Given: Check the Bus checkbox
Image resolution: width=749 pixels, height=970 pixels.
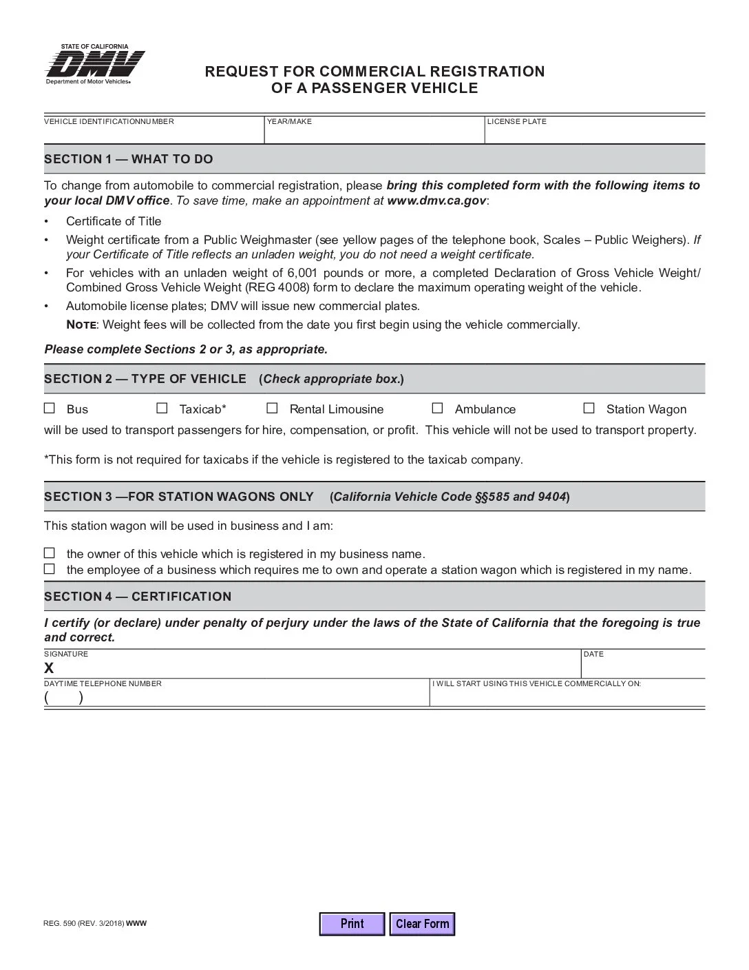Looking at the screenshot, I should [x=50, y=409].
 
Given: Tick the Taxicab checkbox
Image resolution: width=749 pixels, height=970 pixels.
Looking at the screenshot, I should [x=162, y=409].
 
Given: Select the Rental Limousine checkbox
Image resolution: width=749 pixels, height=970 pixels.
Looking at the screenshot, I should [x=273, y=409].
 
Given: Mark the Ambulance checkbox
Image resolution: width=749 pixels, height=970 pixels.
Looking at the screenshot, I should [x=438, y=409].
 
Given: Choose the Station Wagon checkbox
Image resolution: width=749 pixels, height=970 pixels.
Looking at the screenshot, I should [x=589, y=409].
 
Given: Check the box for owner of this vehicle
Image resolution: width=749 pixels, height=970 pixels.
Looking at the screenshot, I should [x=50, y=553].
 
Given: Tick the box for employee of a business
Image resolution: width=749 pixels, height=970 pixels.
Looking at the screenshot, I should [x=50, y=569].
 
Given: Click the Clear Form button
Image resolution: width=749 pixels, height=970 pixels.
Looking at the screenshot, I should [x=422, y=924].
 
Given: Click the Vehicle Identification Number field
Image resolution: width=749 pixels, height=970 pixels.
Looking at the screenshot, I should [x=154, y=133].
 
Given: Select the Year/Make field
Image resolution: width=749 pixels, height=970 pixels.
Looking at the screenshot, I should [x=374, y=133].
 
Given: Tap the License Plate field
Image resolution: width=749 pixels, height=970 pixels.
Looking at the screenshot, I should [x=595, y=133].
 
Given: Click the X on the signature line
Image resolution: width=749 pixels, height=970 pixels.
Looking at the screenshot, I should [x=49, y=668].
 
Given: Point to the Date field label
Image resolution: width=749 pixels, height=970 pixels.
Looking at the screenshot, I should [x=593, y=654].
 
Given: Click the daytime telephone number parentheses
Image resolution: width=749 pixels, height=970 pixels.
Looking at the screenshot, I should [x=64, y=697].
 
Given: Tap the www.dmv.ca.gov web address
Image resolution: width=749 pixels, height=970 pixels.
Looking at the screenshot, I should [x=436, y=200].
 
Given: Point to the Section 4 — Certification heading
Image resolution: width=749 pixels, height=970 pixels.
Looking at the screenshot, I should [x=138, y=597].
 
